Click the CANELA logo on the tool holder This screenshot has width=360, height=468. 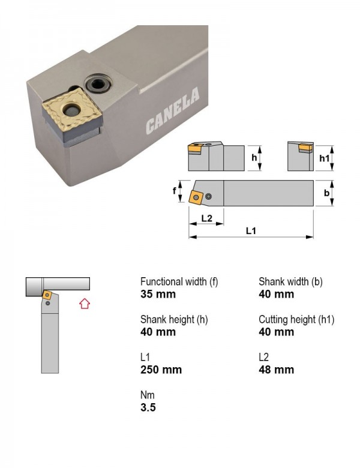pyautogui.click(x=173, y=111)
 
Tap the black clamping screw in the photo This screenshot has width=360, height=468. pyautogui.click(x=98, y=83)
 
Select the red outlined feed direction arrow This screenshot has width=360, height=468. pyautogui.click(x=85, y=304)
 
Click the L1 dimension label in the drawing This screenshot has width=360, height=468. pyautogui.click(x=251, y=230)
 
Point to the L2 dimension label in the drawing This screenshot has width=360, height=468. pyautogui.click(x=206, y=218)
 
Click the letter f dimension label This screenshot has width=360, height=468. pyautogui.click(x=175, y=190)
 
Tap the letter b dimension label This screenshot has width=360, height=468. pyautogui.click(x=327, y=193)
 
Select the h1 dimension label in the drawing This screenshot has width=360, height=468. pyautogui.click(x=325, y=158)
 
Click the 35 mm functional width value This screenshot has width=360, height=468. pyautogui.click(x=158, y=294)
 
